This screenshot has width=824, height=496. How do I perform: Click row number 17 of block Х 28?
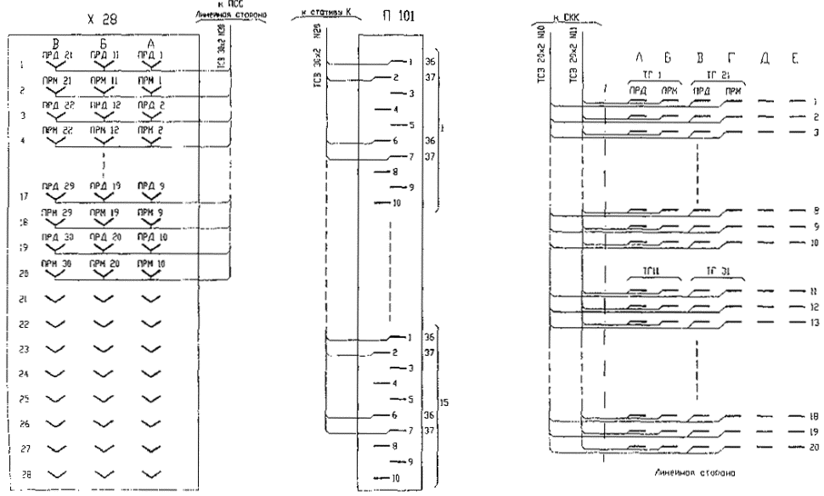[20, 194]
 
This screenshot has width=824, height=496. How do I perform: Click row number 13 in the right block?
[813, 324]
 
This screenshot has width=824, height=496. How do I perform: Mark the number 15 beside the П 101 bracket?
[444, 399]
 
